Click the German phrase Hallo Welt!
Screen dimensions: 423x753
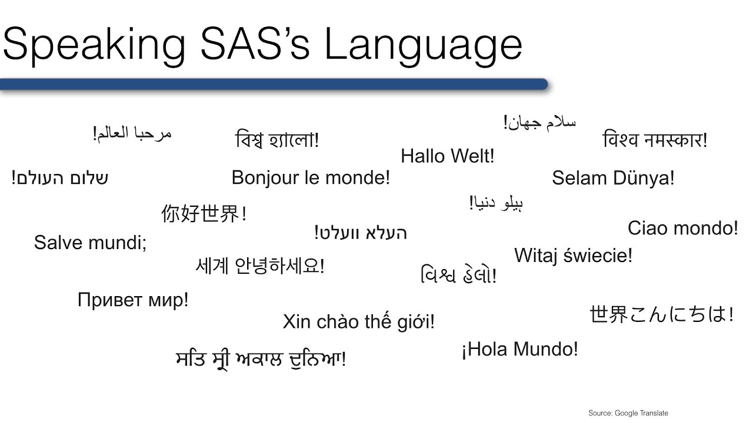pyautogui.click(x=448, y=156)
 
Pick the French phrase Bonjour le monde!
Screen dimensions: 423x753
pyautogui.click(x=311, y=178)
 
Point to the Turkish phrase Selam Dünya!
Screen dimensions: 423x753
pyautogui.click(x=613, y=179)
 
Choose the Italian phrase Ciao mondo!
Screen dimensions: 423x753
pyautogui.click(x=682, y=229)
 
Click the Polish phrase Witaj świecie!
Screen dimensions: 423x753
pyautogui.click(x=574, y=256)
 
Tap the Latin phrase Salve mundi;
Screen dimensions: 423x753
pyautogui.click(x=91, y=242)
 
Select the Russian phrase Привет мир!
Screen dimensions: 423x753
pyautogui.click(x=133, y=300)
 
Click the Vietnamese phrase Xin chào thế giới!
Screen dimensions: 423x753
pyautogui.click(x=359, y=321)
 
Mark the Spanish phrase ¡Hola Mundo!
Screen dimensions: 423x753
pyautogui.click(x=519, y=350)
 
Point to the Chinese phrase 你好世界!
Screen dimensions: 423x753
pyautogui.click(x=204, y=214)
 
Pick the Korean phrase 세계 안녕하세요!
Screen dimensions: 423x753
pyautogui.click(x=260, y=266)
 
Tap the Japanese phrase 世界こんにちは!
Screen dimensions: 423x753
pyautogui.click(x=661, y=315)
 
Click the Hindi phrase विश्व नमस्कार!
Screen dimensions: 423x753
pyautogui.click(x=655, y=141)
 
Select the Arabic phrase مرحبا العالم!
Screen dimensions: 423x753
pyautogui.click(x=132, y=133)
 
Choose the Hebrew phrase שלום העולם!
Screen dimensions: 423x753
pyautogui.click(x=60, y=178)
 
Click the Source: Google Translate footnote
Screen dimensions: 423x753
pyautogui.click(x=628, y=413)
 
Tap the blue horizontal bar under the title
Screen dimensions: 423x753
pyautogui.click(x=274, y=85)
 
